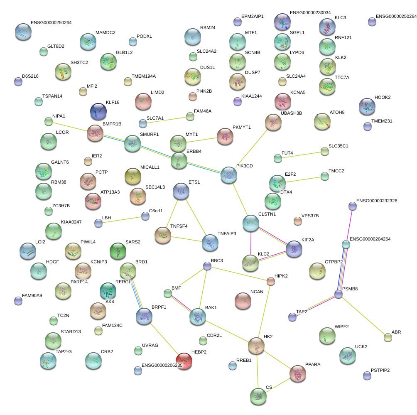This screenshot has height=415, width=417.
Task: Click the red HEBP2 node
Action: pyautogui.click(x=184, y=361)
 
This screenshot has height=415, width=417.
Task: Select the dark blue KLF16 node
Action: pyautogui.click(x=98, y=111)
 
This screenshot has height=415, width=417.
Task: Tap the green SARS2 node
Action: pyautogui.click(x=118, y=250)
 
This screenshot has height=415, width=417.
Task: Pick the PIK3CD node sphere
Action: pyautogui.click(x=228, y=175)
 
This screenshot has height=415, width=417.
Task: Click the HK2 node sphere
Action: pyautogui.click(x=256, y=345)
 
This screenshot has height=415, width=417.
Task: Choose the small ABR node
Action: pyautogui.click(x=388, y=337)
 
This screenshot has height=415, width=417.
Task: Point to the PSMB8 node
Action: pyautogui.click(x=339, y=294)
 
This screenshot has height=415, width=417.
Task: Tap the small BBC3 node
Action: pyautogui.click(x=207, y=266)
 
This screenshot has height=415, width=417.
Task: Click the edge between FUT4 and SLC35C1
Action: pyautogui.click(x=301, y=155)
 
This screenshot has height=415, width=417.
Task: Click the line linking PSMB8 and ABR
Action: pyautogui.click(x=363, y=316)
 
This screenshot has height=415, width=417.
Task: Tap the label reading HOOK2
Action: pyautogui.click(x=383, y=98)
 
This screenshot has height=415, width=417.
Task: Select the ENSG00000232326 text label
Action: pyautogui.click(x=376, y=201)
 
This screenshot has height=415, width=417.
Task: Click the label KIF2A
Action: pyautogui.click(x=308, y=240)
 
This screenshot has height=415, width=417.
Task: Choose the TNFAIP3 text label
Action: pyautogui.click(x=227, y=234)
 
